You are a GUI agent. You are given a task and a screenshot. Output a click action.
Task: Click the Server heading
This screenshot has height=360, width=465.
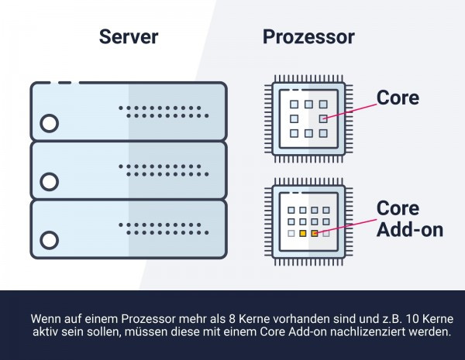129,36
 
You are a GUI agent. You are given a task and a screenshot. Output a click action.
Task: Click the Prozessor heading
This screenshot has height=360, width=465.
308,36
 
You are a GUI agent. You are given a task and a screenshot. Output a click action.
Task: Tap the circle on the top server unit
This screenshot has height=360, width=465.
50,123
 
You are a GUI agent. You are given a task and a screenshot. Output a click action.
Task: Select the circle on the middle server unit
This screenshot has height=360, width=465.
50,182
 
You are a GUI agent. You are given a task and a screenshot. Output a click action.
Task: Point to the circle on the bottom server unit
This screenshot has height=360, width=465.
50,240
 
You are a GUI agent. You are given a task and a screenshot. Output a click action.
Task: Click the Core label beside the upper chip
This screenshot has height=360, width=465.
398,98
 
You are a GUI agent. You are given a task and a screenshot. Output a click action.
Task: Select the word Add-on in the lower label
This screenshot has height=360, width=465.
410,229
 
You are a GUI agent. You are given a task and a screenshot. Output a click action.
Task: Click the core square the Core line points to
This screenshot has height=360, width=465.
323,118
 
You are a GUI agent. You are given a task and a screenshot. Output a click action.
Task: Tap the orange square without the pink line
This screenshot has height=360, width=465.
303,234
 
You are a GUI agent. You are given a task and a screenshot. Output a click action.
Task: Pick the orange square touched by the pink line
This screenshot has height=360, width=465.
315,234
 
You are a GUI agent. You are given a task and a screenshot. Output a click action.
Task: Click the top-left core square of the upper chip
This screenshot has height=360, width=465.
294,105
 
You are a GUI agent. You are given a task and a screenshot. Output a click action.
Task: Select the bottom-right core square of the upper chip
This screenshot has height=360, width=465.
323,133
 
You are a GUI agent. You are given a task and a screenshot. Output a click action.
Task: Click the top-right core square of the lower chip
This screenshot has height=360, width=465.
326,210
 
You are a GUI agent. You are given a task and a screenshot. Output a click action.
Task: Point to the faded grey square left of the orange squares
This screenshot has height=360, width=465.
291,234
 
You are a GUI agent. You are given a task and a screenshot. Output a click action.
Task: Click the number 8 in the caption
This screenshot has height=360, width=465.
232,319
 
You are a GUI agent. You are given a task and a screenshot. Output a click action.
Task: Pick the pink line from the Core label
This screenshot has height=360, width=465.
350,111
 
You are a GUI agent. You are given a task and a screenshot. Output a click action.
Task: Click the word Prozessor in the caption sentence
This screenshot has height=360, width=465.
148,319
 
